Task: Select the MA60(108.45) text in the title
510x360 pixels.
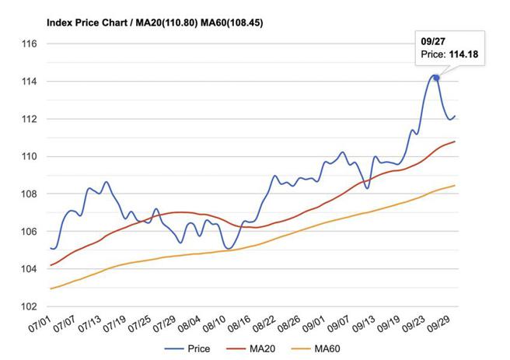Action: pos(232,23)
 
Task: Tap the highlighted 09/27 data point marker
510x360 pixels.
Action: pos(436,78)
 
